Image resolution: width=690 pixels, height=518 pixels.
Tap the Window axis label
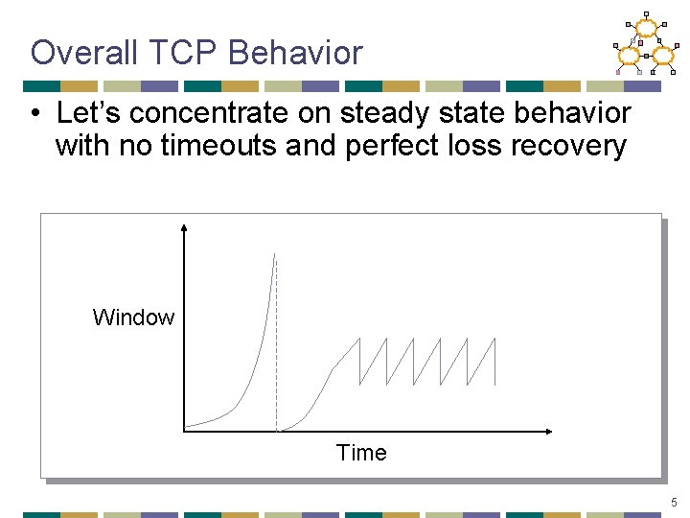[x=133, y=318]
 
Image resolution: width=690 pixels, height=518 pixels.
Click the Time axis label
[x=361, y=453]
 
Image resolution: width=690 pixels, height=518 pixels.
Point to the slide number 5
[x=675, y=502]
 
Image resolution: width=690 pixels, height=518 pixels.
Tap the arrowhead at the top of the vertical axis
[x=184, y=228]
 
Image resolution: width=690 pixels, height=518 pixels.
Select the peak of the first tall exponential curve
[x=274, y=254]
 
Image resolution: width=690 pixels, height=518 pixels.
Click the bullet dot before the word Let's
[x=34, y=115]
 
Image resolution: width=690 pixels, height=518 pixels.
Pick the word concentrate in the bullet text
[x=213, y=113]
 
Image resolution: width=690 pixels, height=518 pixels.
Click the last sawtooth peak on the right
[x=496, y=338]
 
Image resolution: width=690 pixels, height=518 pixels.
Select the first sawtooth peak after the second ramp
[x=358, y=338]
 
